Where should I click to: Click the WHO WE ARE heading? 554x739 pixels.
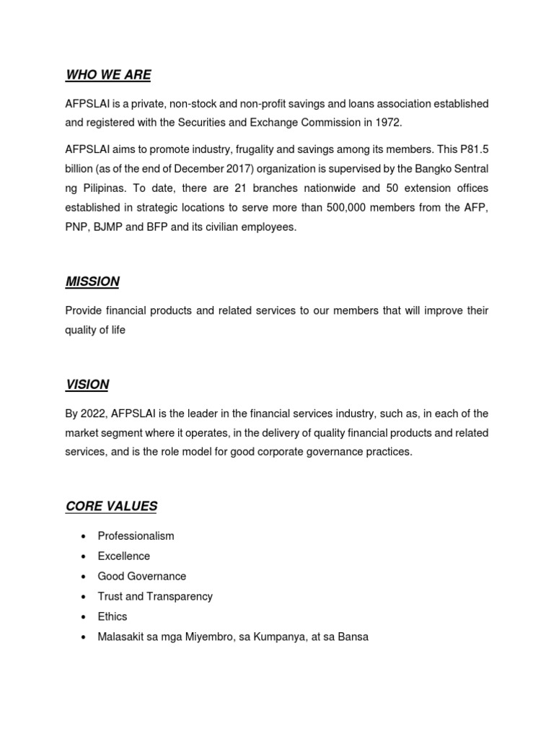click(x=108, y=75)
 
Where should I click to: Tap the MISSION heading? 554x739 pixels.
click(x=92, y=281)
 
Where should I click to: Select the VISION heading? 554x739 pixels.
click(x=87, y=385)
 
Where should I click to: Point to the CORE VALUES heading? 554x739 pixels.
click(x=111, y=506)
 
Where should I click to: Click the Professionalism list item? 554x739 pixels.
click(x=136, y=536)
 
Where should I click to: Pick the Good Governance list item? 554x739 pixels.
click(x=141, y=577)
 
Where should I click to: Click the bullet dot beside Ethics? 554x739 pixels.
click(x=84, y=617)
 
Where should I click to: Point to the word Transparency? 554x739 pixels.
click(x=180, y=597)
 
